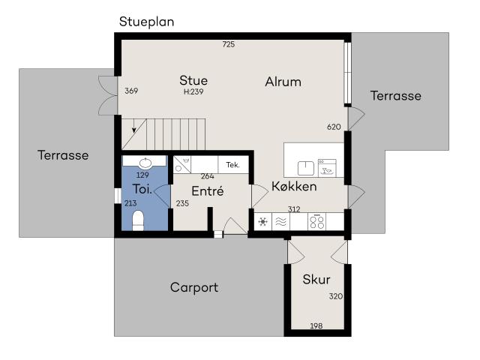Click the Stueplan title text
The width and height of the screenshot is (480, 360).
[x=147, y=22]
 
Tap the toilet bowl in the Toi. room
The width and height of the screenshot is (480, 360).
[x=138, y=220]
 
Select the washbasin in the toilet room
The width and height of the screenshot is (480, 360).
[x=145, y=163]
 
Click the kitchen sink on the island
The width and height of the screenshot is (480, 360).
[x=306, y=168]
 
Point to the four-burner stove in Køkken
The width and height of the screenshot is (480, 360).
[x=316, y=221]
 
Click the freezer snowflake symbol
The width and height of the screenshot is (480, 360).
[x=263, y=221]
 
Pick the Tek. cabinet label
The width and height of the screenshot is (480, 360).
[x=232, y=165]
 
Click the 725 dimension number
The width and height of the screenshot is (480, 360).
[x=228, y=44]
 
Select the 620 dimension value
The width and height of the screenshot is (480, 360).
[x=334, y=127]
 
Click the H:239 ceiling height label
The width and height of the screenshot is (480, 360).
[x=193, y=91]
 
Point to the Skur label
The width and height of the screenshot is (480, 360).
[x=316, y=280]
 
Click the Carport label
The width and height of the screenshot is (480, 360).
[x=194, y=287]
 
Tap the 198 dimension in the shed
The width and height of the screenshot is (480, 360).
[x=316, y=325]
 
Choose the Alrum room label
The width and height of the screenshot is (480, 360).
[x=283, y=82]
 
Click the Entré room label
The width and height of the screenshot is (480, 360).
[x=208, y=190]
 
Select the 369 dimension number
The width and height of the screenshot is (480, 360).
[x=131, y=91]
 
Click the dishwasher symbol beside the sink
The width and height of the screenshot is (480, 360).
[x=327, y=168]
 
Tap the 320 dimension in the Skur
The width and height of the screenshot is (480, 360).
[x=336, y=296]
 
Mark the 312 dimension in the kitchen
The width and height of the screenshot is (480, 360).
[x=294, y=209]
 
